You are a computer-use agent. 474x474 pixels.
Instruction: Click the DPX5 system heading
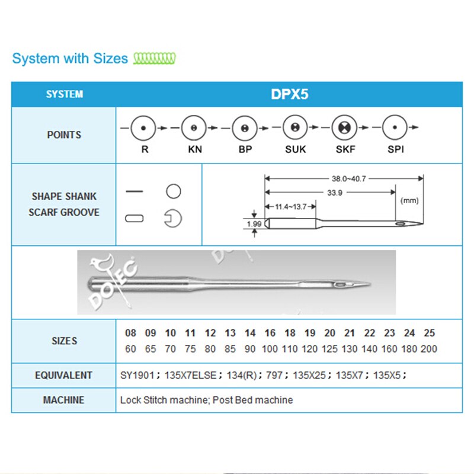coord(289,94)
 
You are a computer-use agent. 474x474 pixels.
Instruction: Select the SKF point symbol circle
coord(345,127)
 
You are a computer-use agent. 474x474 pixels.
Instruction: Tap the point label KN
coord(195,149)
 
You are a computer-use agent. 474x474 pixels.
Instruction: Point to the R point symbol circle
coord(145,127)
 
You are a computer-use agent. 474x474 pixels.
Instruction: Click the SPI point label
coord(396,149)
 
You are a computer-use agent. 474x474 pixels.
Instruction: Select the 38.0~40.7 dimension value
coord(344,177)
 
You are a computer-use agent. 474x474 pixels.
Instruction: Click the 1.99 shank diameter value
coord(253,223)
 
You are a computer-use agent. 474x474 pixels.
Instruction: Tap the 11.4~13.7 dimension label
coord(290,206)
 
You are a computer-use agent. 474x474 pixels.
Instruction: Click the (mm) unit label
coord(409,200)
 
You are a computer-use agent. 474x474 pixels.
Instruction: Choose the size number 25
coord(429,333)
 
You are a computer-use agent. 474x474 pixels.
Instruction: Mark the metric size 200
coord(429,349)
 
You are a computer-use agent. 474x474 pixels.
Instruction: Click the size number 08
coord(131,333)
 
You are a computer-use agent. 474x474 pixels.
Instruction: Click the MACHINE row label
coord(63,400)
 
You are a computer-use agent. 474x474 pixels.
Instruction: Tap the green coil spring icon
coord(155,58)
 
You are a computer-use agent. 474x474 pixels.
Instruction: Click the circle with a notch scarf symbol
coord(173,218)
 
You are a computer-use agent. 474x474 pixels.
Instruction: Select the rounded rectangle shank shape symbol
coord(134,218)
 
